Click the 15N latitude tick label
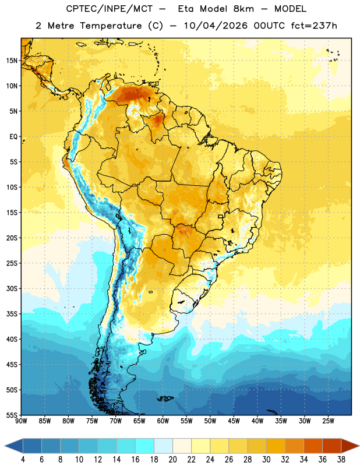tap(12, 61)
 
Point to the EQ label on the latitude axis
tap(13, 137)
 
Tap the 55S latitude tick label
tap(12, 415)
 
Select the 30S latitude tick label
tap(12, 288)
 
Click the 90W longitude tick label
tap(21, 421)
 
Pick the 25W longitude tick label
tap(328, 421)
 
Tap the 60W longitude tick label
tap(163, 421)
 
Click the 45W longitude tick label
tap(234, 421)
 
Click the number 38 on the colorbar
tap(341, 460)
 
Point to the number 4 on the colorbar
tap(23, 460)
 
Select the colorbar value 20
tap(172, 460)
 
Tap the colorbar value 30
tap(266, 460)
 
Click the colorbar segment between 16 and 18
tap(145, 446)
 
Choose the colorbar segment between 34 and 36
tap(313, 446)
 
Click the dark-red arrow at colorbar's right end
tap(350, 446)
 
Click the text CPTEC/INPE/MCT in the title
tap(110, 9)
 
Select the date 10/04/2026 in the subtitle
tap(216, 26)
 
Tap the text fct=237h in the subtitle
tap(314, 26)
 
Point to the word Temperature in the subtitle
tap(111, 26)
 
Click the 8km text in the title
tap(243, 9)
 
